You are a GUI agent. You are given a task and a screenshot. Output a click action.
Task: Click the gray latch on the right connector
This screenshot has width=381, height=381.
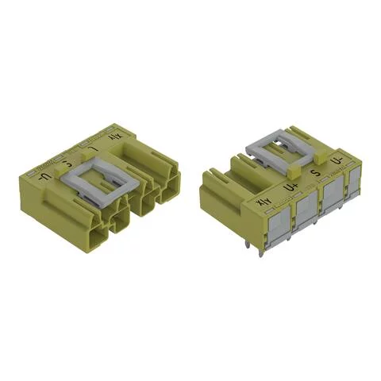274,151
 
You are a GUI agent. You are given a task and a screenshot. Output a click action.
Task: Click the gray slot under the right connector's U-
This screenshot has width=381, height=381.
352,185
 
